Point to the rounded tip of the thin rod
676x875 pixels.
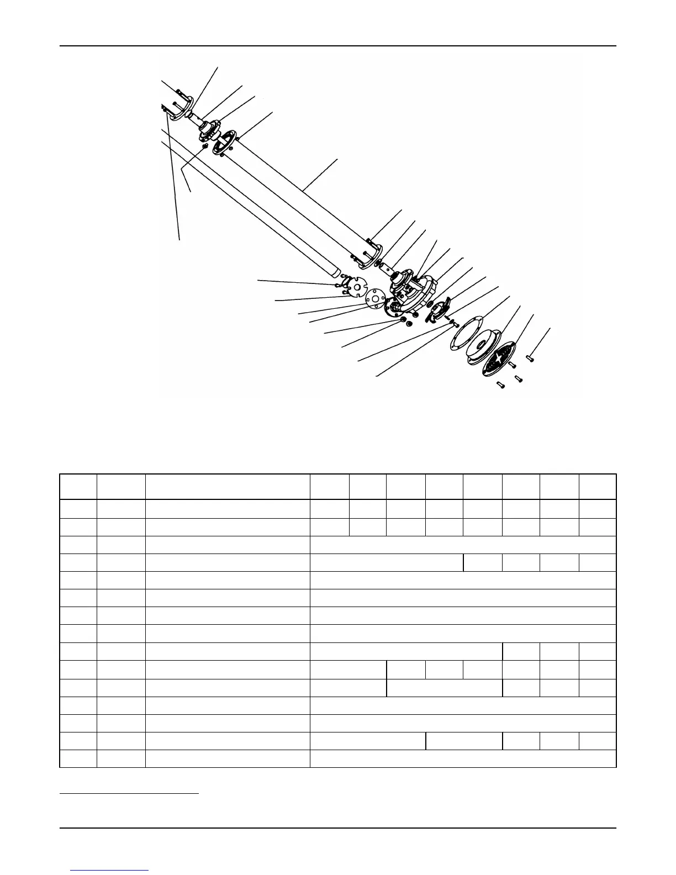(x=334, y=272)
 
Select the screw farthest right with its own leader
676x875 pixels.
(x=530, y=358)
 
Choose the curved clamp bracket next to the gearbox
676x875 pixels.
(x=440, y=309)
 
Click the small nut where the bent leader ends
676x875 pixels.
(x=205, y=147)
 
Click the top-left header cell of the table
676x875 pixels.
(x=78, y=487)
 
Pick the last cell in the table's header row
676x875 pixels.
(x=598, y=487)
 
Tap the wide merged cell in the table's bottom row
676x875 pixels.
(x=463, y=758)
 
